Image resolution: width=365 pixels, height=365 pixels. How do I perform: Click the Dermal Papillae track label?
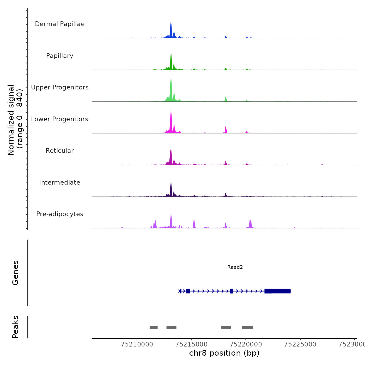point(60,24)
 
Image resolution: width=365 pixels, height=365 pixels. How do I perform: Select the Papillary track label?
point(60,56)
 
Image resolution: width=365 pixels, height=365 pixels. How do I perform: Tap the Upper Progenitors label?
point(60,87)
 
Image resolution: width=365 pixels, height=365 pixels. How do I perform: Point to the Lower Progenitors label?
point(60,119)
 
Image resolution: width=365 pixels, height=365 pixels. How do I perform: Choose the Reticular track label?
point(60,151)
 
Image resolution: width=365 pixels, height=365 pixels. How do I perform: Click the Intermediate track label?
point(60,182)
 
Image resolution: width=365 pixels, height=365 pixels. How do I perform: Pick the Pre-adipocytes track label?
point(60,214)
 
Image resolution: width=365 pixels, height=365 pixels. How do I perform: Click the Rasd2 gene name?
point(235,267)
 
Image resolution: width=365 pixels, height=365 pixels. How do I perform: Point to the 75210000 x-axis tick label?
point(137,344)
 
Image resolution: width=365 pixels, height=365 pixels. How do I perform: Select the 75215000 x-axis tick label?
point(192,344)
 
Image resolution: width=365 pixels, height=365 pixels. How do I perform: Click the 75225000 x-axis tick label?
point(300,344)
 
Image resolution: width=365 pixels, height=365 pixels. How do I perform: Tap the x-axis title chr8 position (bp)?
point(224,353)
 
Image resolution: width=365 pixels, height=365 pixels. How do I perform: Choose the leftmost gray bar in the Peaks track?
point(154,327)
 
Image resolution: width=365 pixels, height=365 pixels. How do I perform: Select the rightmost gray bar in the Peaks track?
point(247,327)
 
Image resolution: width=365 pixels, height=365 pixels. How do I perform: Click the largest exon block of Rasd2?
point(278,291)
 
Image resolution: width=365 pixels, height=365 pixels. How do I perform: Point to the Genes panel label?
point(15,273)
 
